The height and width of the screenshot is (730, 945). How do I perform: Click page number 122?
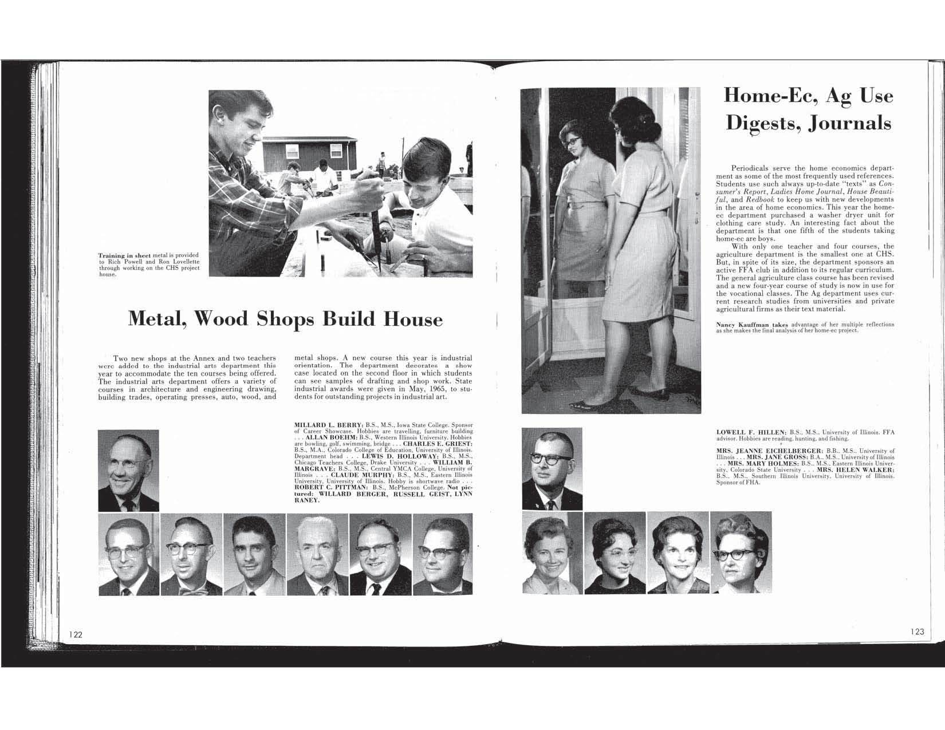(76, 634)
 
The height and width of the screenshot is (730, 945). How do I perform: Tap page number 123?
(917, 632)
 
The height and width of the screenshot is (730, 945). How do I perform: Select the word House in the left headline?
(413, 319)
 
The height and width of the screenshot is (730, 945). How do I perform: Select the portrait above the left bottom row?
(128, 470)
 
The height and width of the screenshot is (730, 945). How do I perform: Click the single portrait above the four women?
(552, 468)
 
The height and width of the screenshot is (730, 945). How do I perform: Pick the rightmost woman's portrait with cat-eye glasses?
(741, 553)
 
